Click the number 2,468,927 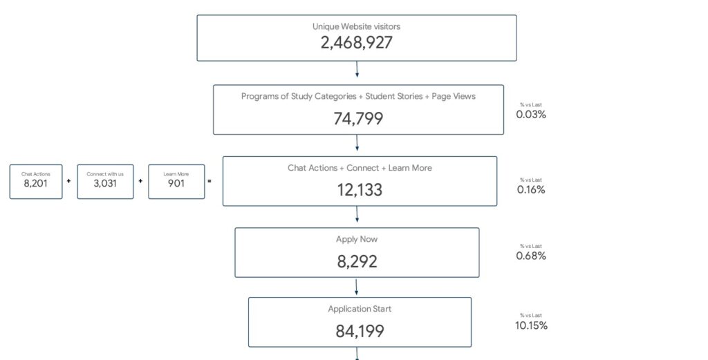point(356,43)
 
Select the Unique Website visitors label point(356,27)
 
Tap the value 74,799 point(358,119)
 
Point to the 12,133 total point(360,190)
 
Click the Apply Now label point(357,240)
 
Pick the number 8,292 point(357,262)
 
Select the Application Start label point(360,309)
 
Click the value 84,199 point(360,332)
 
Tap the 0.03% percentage point(531,115)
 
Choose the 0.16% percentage point(531,190)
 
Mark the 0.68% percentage point(531,256)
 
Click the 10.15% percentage point(531,325)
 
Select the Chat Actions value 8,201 point(36,184)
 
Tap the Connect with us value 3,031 point(105,184)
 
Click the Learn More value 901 point(176,184)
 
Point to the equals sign point(209,181)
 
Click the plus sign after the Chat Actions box point(68,181)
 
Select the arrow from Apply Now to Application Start point(356,287)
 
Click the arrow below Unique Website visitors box point(357,70)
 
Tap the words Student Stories point(393,96)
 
